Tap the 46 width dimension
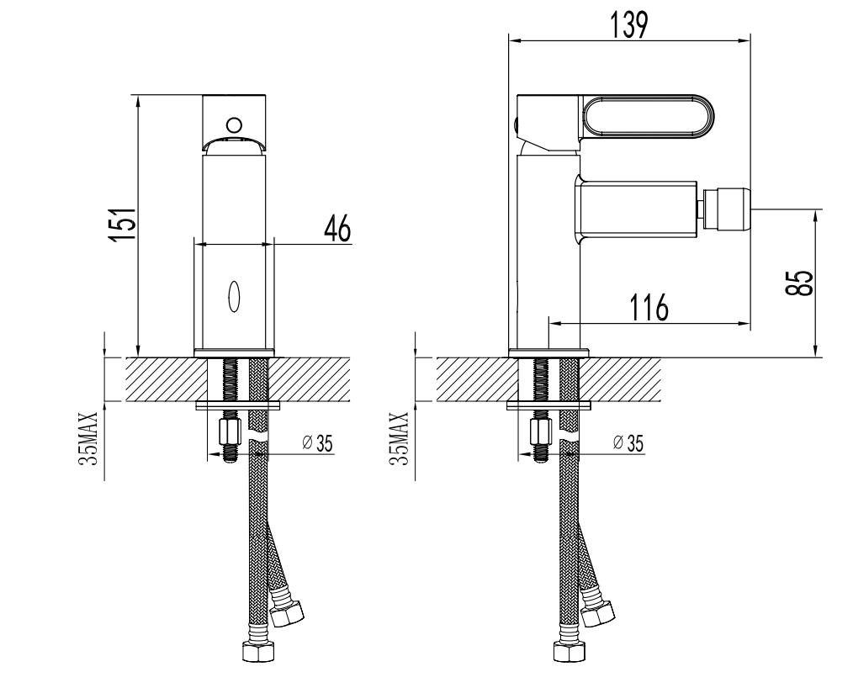pos(337,229)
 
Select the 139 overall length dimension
pos(628,25)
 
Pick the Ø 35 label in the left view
pos(317,443)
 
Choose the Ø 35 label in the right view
pos(628,443)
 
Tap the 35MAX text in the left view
pos(88,438)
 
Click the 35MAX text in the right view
pos(400,438)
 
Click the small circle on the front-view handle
pos(234,125)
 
